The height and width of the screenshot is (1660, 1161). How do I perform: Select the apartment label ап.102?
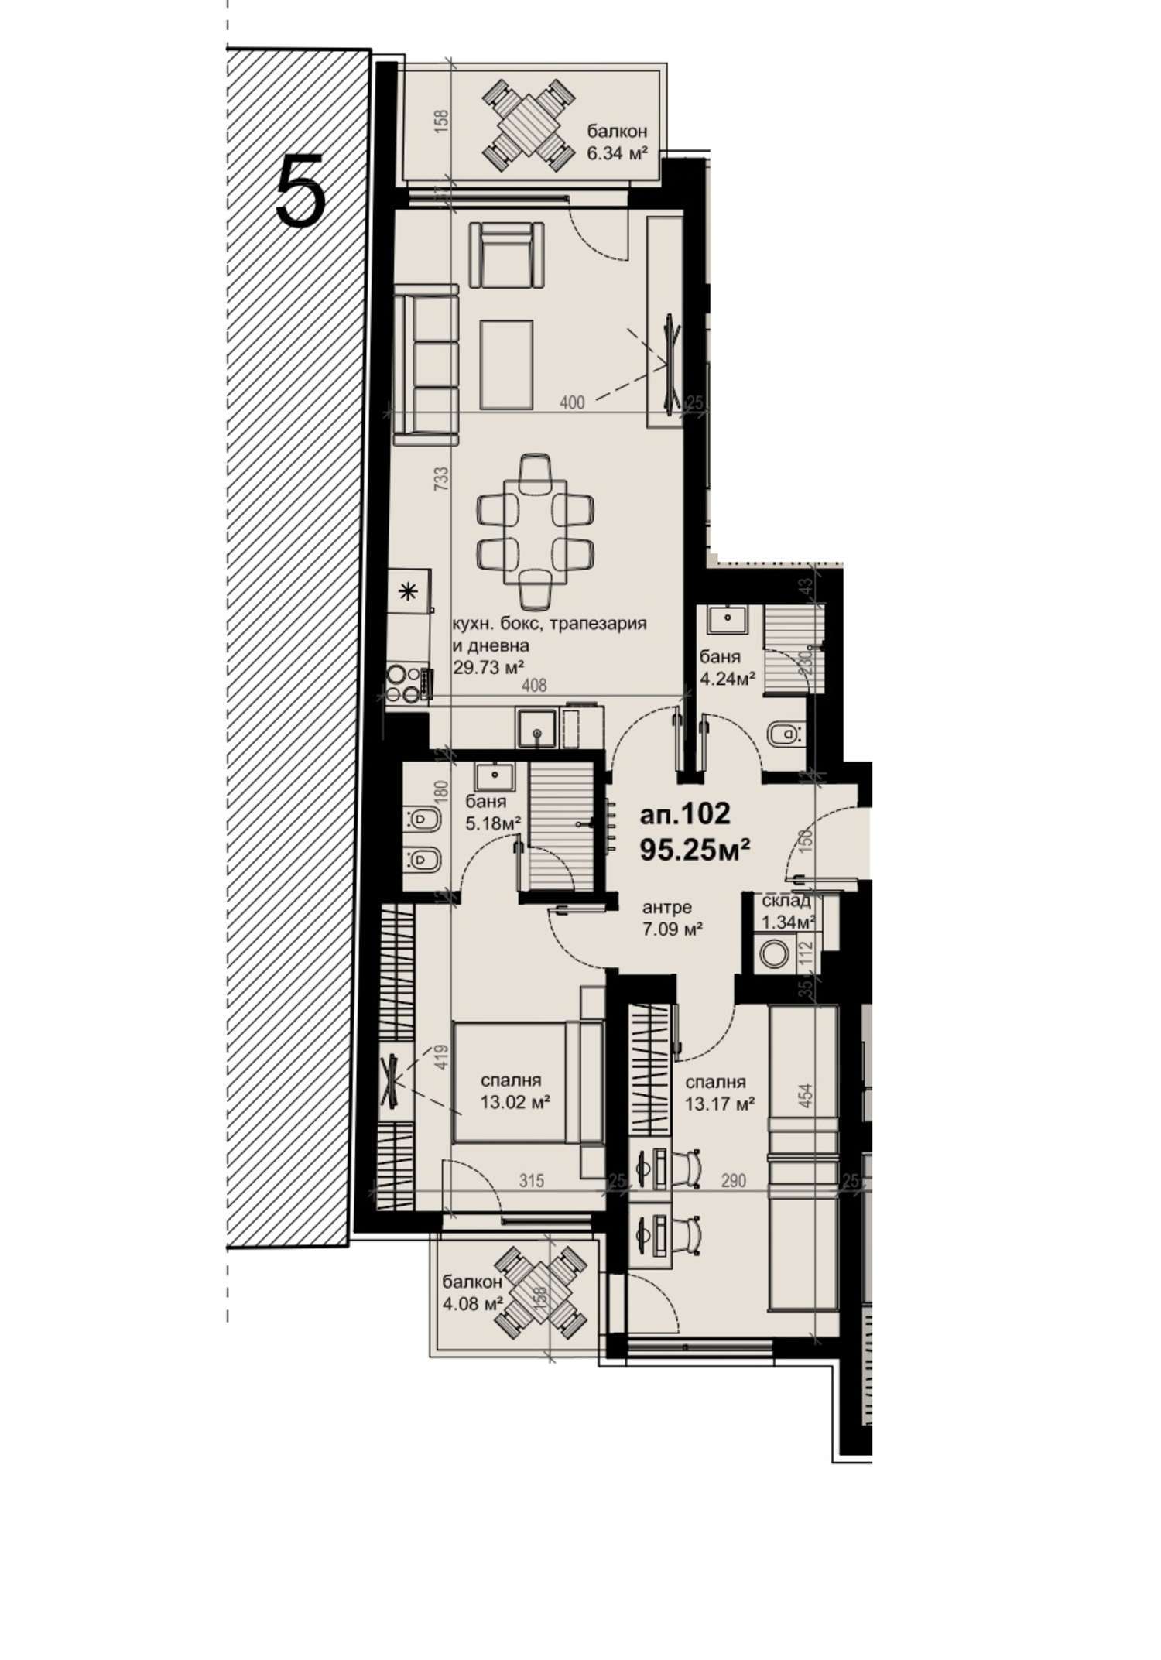685,813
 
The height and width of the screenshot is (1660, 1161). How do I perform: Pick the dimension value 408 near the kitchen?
534,685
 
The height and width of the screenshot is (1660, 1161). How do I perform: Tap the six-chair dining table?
535,531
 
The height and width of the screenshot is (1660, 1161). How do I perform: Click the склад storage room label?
786,901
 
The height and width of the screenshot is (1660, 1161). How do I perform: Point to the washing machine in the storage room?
773,953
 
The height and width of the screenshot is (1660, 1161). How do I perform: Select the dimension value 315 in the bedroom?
532,1181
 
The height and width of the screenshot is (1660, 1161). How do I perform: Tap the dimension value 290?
733,1181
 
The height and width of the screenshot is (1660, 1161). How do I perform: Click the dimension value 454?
806,1093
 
